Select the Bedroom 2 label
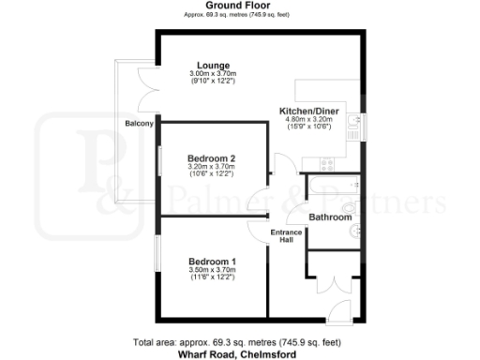point(212,157)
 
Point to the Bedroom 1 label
point(212,261)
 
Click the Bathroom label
point(331,217)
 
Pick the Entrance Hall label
point(284,236)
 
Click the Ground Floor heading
point(239,6)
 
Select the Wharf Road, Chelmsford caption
point(239,354)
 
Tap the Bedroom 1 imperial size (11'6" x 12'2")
point(212,278)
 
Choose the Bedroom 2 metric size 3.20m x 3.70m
point(212,167)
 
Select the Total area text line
point(239,343)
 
